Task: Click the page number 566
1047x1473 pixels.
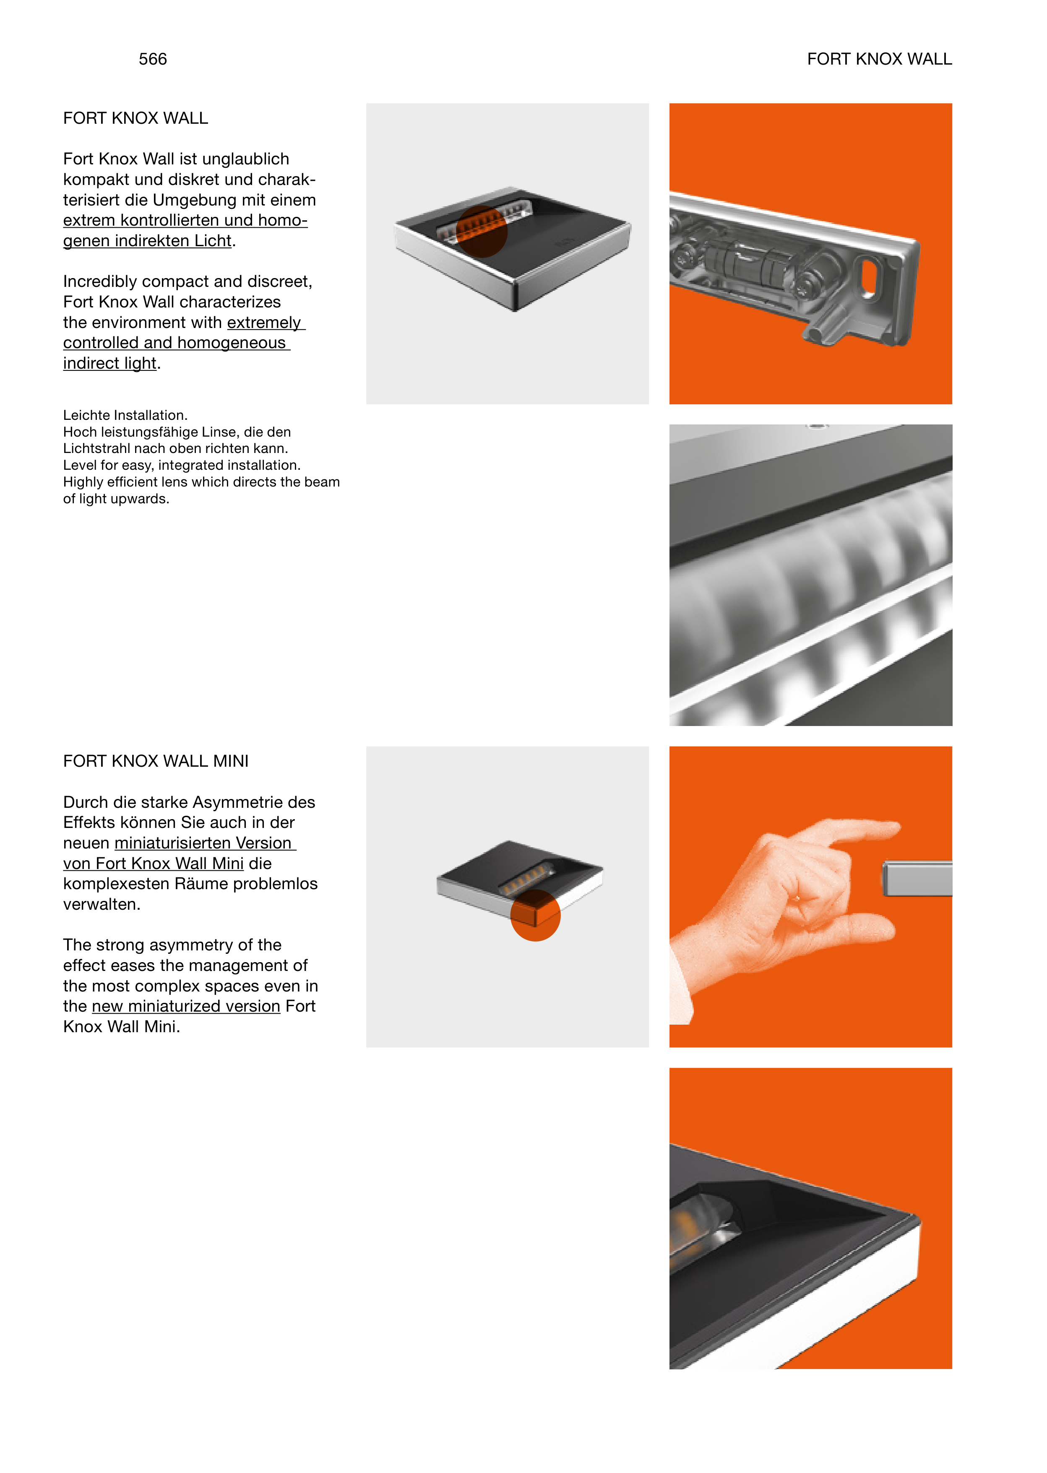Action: [153, 59]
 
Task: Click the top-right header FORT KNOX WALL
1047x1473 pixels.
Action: [879, 59]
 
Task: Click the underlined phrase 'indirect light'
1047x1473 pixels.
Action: [109, 364]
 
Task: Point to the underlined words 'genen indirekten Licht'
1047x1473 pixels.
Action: [147, 241]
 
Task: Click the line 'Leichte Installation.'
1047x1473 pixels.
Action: [125, 415]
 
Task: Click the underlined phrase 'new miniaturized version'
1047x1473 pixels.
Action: [186, 1006]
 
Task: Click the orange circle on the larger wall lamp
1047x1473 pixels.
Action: [482, 232]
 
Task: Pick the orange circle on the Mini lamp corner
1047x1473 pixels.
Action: [535, 916]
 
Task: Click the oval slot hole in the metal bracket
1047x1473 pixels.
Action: [870, 278]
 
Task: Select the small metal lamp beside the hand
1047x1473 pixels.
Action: [917, 879]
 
